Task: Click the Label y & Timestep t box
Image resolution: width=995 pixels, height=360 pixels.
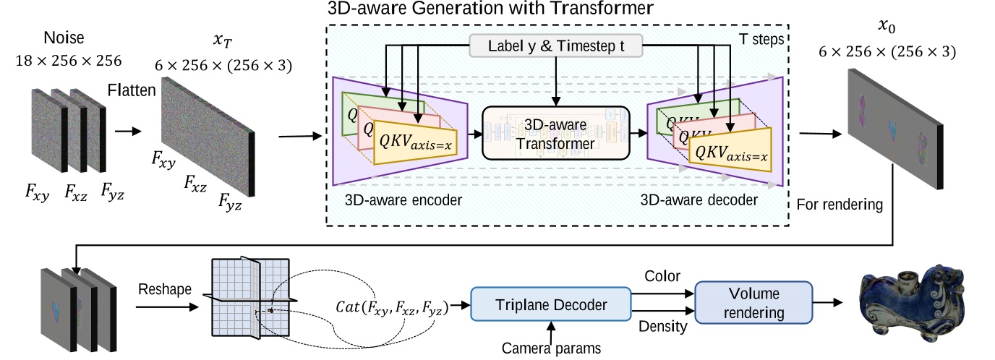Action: point(555,46)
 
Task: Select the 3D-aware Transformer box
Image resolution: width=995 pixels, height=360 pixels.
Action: point(555,134)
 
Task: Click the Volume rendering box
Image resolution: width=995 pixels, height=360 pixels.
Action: point(753,304)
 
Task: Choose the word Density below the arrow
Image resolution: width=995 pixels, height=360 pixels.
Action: point(661,327)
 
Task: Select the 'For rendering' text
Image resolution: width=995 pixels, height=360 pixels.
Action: point(839,205)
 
